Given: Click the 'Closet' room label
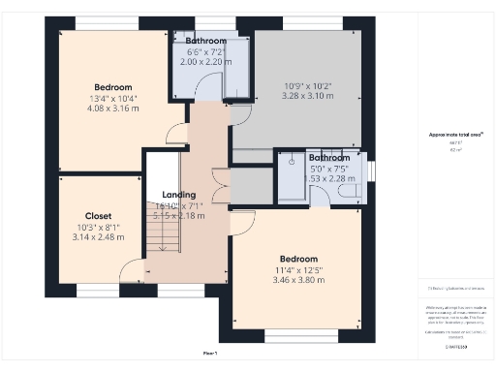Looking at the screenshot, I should tap(98, 215).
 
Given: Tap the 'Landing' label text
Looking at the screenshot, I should tap(179, 195).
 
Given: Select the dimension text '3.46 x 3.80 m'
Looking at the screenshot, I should tap(298, 281).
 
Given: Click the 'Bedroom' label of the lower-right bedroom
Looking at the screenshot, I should tap(298, 259).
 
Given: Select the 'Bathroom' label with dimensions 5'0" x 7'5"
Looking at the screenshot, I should tap(329, 157).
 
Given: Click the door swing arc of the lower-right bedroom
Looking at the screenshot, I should tap(242, 220).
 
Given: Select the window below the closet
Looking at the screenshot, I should tap(95, 289).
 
